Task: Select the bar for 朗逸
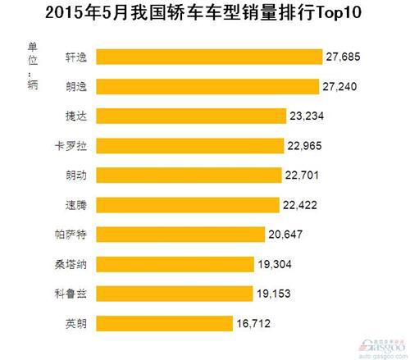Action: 206,86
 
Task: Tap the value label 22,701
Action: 304,175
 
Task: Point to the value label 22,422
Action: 303,205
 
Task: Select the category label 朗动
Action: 76,175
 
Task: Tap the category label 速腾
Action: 76,205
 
